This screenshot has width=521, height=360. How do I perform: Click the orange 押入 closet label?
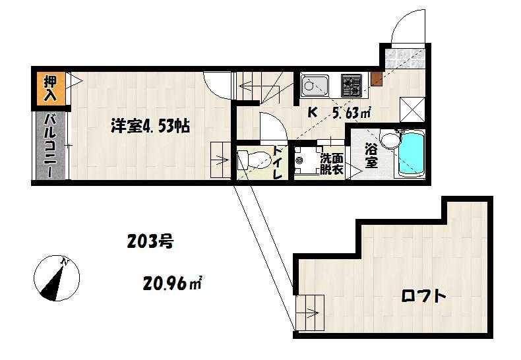[x=51, y=88]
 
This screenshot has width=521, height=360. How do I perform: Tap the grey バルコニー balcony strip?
[x=51, y=146]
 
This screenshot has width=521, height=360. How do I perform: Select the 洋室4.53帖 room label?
[x=150, y=126]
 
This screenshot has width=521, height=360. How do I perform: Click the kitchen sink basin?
[x=315, y=86]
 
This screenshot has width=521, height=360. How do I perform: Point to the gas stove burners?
[x=352, y=85]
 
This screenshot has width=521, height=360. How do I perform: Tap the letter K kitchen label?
[x=312, y=113]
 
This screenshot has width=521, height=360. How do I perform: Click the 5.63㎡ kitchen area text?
[x=352, y=113]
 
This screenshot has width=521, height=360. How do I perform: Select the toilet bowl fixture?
[x=255, y=160]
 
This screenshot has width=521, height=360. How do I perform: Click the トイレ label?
[x=277, y=162]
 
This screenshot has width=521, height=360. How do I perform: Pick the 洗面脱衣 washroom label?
[x=331, y=164]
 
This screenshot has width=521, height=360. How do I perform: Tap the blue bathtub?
[x=411, y=155]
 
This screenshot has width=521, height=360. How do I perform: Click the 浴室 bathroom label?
[x=371, y=156]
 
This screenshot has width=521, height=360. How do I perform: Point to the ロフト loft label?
[x=423, y=296]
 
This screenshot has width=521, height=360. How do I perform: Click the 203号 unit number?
[x=150, y=241]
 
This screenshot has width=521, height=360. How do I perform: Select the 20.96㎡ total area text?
[x=172, y=284]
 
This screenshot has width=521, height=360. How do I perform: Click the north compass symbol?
[x=57, y=278]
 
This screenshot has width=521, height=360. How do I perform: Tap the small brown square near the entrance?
[x=377, y=78]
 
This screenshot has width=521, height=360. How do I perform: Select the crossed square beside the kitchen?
[x=412, y=109]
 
